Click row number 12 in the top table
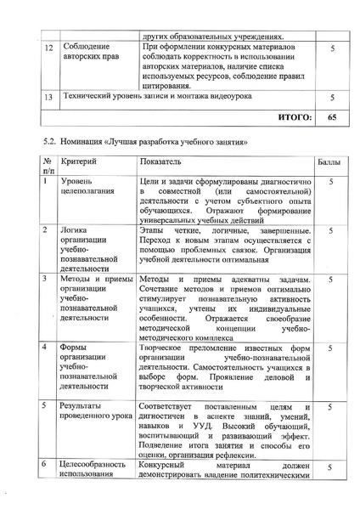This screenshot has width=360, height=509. [x=49, y=50]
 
